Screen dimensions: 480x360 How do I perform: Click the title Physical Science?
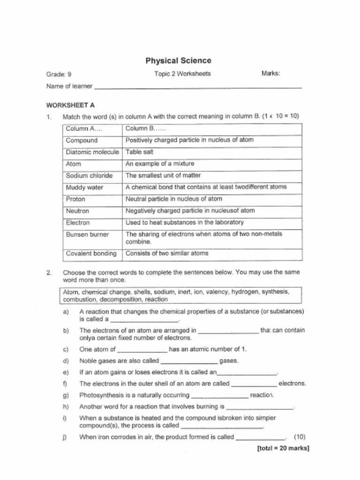178,60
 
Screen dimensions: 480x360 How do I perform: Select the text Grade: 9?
59,74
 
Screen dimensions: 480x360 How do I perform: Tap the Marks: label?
270,74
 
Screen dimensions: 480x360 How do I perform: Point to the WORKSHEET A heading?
70,105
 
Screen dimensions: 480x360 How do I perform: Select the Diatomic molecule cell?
92,152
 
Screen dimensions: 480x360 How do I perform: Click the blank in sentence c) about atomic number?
142,350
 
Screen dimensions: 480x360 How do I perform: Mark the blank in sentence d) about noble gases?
189,361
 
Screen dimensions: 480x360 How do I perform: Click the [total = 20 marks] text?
283,448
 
